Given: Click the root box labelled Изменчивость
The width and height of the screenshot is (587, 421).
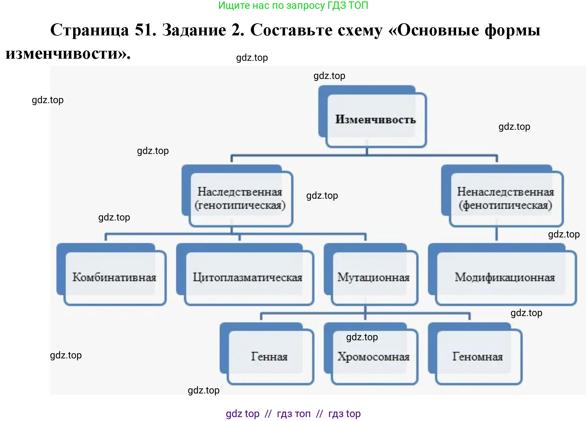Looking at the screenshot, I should point(375,119).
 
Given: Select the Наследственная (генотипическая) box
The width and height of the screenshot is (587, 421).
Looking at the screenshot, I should point(240,198).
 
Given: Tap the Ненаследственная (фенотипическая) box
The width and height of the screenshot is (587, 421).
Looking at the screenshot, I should point(505,198).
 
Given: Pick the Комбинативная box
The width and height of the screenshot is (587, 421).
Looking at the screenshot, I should point(114,277).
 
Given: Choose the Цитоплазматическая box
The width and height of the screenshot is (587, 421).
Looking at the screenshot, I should point(248,277).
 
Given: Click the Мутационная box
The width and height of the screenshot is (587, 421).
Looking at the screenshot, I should point(374,277).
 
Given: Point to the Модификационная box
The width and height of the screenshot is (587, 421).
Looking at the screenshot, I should point(504,277).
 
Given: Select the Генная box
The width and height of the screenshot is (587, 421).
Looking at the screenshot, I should point(269,357).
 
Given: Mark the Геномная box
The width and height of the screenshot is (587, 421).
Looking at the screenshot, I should point(478,357).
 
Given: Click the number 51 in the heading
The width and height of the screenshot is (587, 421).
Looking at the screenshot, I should point(145,30).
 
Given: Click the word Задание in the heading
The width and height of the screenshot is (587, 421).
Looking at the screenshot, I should point(194,30).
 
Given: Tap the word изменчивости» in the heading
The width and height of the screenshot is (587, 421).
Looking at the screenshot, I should point(68,54).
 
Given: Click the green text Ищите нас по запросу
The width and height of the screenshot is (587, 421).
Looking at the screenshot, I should point(271,5).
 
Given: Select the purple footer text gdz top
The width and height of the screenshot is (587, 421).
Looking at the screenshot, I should point(242,413).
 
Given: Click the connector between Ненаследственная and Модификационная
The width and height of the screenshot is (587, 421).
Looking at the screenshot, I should point(496,233).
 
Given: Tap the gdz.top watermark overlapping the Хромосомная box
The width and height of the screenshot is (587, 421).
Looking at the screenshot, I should point(362,337).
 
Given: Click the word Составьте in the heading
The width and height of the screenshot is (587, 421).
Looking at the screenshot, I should point(316,30).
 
